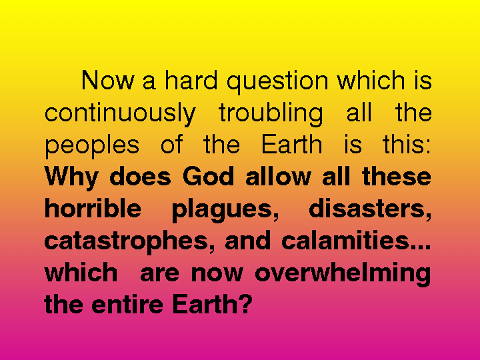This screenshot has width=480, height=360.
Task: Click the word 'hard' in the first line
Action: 191,80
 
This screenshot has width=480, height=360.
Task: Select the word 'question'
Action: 277,82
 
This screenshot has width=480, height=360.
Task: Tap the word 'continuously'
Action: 120,114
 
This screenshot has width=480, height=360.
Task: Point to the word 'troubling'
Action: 271,114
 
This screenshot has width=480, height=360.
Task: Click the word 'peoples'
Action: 92,147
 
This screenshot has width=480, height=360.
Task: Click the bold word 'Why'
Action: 71,177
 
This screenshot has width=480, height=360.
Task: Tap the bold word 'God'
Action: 209,177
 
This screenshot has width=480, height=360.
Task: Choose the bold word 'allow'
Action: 278,177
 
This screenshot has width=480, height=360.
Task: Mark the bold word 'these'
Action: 397,177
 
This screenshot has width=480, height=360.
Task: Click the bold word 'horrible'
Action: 93,209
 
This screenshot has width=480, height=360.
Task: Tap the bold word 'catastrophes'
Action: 126,243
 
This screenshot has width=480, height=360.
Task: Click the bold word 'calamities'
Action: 345,240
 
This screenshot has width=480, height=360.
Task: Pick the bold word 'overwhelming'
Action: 343,274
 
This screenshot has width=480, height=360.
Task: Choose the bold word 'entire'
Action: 127,304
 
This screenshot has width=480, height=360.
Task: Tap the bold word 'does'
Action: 140,177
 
